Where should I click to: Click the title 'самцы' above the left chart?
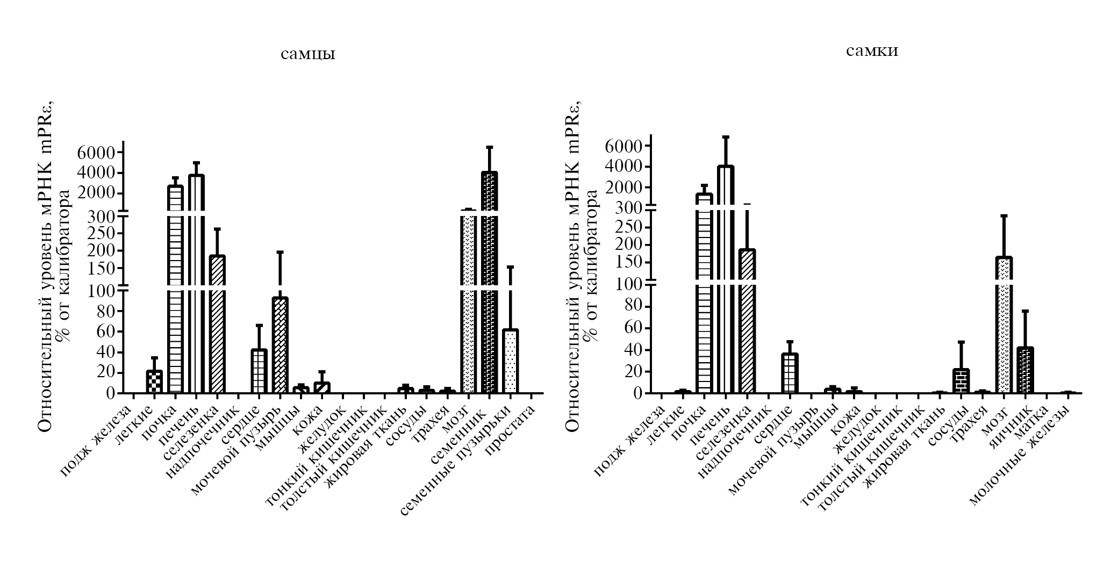tap(308, 55)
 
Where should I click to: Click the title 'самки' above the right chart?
tap(872, 52)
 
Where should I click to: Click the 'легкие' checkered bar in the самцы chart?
tap(154, 381)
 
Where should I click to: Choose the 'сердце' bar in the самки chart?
tap(790, 373)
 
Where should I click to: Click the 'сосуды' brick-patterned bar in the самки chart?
tap(961, 381)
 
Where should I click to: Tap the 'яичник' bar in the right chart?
tap(1025, 370)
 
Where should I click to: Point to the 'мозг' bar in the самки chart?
tap(1004, 322)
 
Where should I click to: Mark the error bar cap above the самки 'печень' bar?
tap(725, 137)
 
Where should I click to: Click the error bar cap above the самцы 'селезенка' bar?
tap(217, 229)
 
